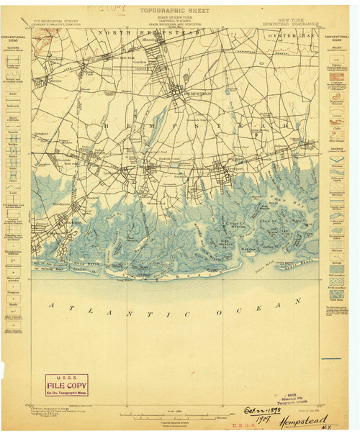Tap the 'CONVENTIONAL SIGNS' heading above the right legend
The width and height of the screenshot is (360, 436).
pos(335,37)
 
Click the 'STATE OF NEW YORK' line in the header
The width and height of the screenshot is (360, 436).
pos(180,19)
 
